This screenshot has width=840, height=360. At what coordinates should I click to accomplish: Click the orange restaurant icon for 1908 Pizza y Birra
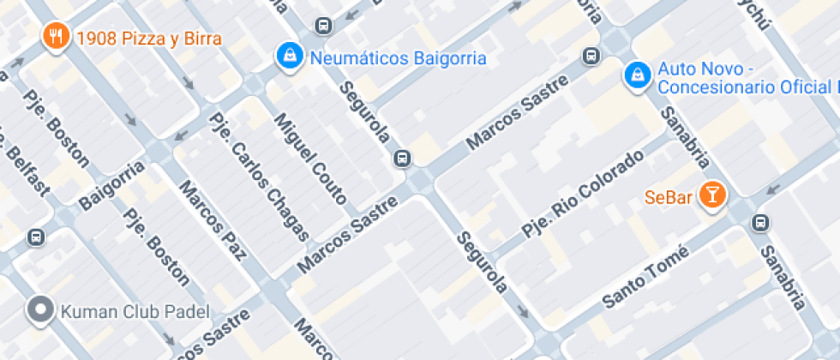click(57, 36)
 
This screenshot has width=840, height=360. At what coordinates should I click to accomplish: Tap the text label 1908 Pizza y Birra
click(148, 38)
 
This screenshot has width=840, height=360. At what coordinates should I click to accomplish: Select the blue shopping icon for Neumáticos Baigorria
click(291, 57)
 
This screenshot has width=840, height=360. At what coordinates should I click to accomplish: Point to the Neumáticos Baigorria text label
click(398, 58)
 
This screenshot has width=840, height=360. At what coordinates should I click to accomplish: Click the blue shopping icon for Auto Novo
click(636, 75)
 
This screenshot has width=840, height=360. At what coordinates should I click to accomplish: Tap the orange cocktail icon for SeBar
click(711, 195)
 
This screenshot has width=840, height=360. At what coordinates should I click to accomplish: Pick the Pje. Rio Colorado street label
click(582, 194)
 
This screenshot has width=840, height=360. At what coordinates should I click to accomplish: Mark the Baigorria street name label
click(111, 184)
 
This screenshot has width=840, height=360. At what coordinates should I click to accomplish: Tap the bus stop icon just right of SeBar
click(759, 223)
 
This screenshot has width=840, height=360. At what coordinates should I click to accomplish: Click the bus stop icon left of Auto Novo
click(591, 57)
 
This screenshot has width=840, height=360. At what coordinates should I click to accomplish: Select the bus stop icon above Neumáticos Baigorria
click(323, 26)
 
